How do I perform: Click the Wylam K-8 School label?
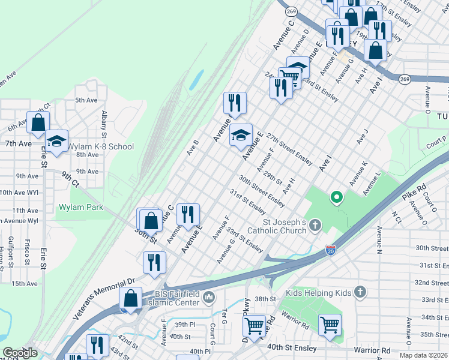click(100, 147)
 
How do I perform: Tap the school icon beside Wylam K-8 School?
click(57, 142)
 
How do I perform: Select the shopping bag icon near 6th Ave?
click(38, 122)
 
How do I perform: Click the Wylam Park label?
click(80, 208)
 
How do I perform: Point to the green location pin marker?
click(337, 196)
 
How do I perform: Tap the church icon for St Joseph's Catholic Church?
click(316, 226)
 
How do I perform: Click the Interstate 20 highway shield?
click(330, 249)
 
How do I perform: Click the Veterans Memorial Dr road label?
click(97, 291)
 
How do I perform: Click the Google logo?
click(20, 353)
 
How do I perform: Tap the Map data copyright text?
click(425, 355)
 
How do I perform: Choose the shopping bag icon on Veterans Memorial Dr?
click(131, 298)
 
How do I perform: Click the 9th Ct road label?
click(70, 179)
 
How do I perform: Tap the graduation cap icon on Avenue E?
click(241, 135)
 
